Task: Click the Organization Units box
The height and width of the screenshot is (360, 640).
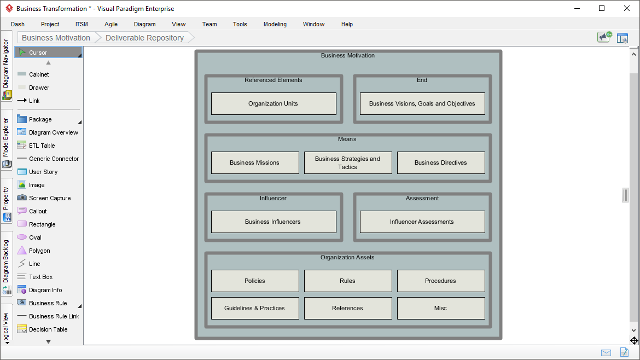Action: pos(274,103)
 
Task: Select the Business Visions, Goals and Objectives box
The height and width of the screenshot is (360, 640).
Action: pos(422,103)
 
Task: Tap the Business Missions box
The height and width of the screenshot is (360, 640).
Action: pos(255,162)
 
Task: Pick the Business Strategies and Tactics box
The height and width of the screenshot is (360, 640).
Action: pos(348,162)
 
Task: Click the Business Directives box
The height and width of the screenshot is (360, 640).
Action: pos(441,162)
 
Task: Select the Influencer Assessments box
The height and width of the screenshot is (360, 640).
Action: pos(422,222)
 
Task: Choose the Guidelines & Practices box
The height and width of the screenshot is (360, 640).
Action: pos(255,308)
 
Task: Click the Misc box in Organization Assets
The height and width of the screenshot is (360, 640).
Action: pos(441,308)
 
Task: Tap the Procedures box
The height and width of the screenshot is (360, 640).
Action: pos(441,281)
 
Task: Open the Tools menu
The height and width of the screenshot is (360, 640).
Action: pos(240,24)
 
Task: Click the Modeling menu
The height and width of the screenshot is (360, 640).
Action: pos(275,24)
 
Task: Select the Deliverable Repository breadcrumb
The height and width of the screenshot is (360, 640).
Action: pos(144,38)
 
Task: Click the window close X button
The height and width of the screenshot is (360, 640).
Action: pos(627,8)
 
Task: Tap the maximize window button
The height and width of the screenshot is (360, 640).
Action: pos(602,8)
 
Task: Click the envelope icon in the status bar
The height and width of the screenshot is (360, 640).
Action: pos(606,353)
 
